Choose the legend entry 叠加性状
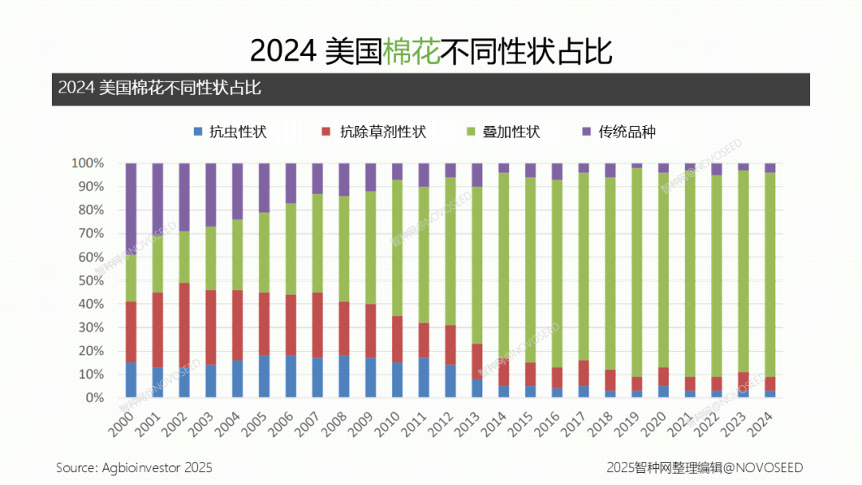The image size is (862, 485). pyautogui.click(x=503, y=132)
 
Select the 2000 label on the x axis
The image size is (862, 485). pyautogui.click(x=122, y=420)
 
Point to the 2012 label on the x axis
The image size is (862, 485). pyautogui.click(x=441, y=420)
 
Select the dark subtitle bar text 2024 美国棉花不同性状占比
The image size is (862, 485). pyautogui.click(x=160, y=89)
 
